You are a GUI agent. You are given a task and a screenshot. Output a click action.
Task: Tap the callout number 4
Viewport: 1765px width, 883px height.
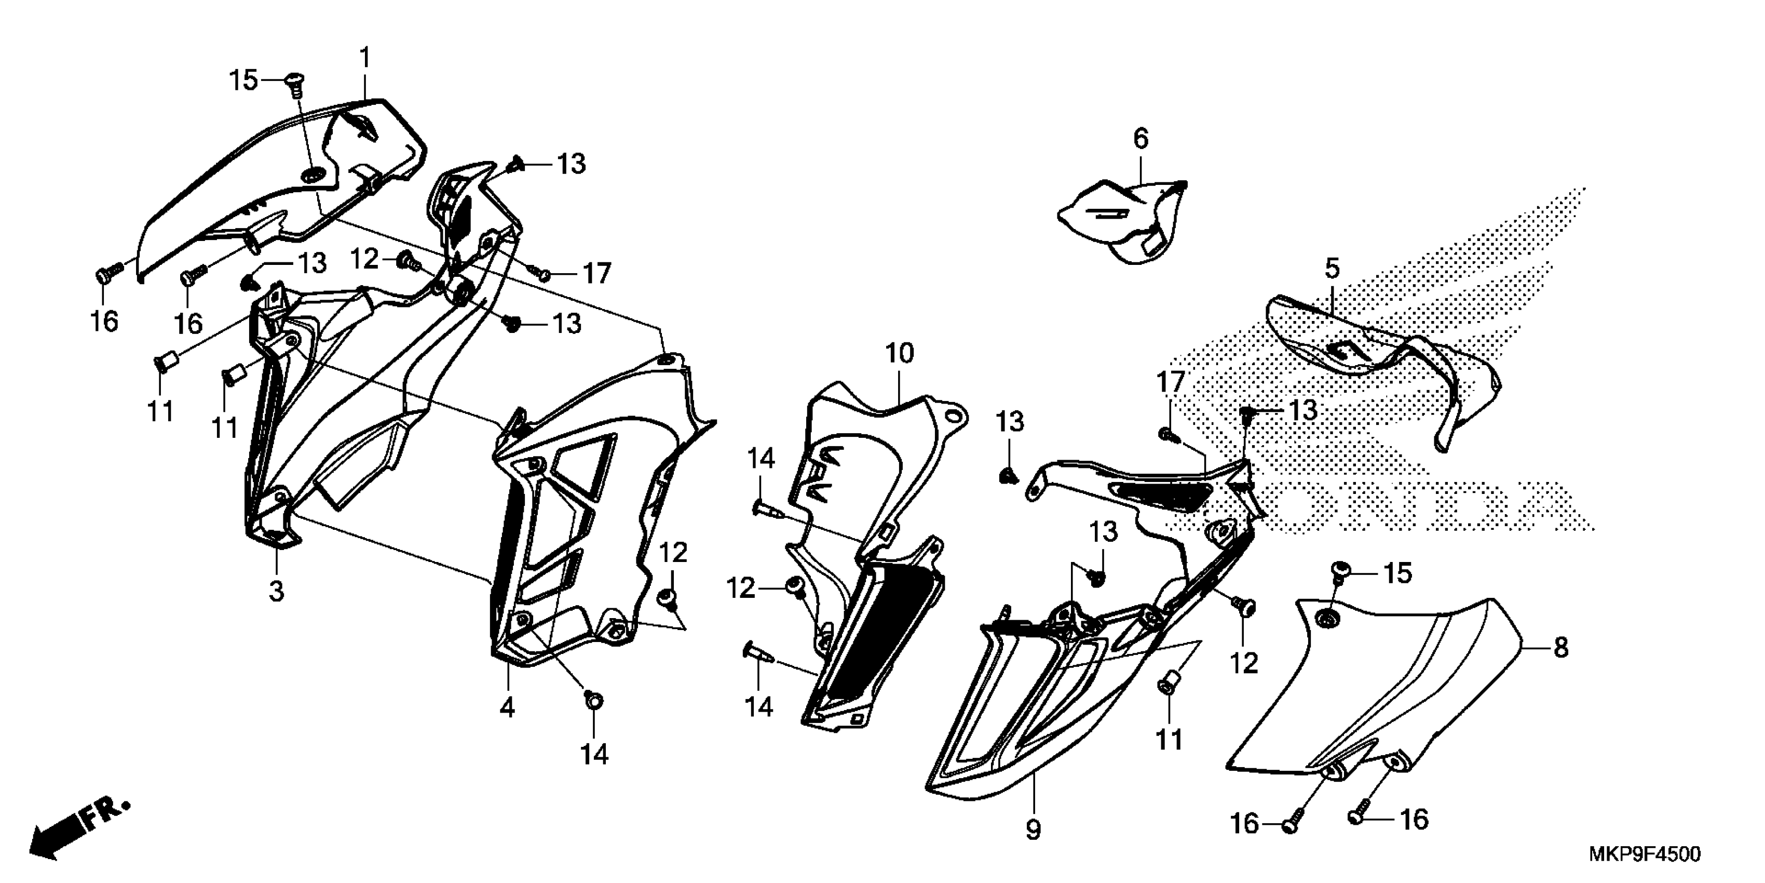coord(507,707)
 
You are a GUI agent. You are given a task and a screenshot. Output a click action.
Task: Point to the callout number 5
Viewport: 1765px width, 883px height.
coord(1332,269)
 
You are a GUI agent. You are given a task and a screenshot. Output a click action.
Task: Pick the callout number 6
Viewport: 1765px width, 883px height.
coord(1140,139)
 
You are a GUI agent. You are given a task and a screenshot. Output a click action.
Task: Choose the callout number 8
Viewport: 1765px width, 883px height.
coord(1561,648)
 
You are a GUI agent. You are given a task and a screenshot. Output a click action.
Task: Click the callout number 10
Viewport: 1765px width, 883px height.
coord(900,354)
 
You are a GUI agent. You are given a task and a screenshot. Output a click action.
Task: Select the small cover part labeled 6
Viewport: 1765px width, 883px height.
coord(1124,219)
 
